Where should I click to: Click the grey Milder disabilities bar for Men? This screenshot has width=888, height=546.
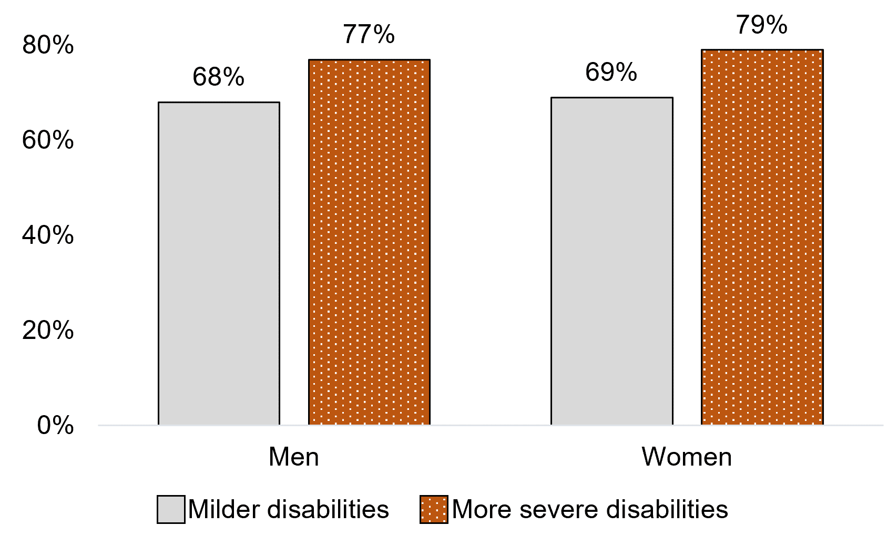click(x=219, y=263)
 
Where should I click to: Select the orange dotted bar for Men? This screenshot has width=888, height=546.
click(x=369, y=242)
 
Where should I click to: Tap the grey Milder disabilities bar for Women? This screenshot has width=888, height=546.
click(x=611, y=261)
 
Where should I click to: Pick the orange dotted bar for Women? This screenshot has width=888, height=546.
click(x=762, y=237)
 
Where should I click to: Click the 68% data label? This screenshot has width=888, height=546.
click(x=218, y=77)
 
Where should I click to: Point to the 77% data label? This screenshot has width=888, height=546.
click(x=369, y=34)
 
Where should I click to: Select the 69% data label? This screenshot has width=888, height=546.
click(x=611, y=72)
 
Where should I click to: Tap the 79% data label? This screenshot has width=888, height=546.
click(x=761, y=25)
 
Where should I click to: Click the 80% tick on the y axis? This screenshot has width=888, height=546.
click(x=48, y=46)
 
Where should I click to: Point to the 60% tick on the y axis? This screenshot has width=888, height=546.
click(x=48, y=140)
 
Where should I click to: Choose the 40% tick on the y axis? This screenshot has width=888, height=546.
click(x=48, y=235)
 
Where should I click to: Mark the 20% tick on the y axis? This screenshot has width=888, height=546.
click(x=48, y=331)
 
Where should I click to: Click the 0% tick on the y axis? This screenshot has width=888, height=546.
click(x=55, y=425)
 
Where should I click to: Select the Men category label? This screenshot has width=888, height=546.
click(x=293, y=457)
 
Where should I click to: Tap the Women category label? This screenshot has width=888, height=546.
click(x=686, y=457)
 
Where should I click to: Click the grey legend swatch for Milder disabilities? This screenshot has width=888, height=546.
click(x=171, y=509)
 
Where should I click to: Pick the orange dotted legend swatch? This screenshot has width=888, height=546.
click(x=434, y=509)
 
